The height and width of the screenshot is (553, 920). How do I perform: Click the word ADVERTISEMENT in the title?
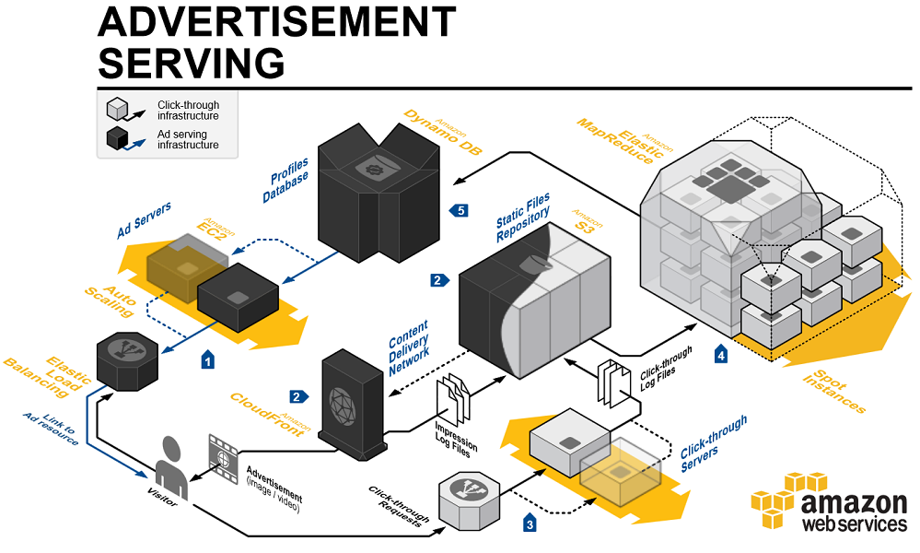pos(276,22)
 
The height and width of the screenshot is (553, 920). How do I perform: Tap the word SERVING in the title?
pos(191,63)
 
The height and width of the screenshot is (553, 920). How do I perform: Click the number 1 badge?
pos(208,360)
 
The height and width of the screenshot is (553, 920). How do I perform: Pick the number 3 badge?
pos(530,524)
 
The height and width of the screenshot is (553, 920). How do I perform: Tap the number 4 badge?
pos(721,354)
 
